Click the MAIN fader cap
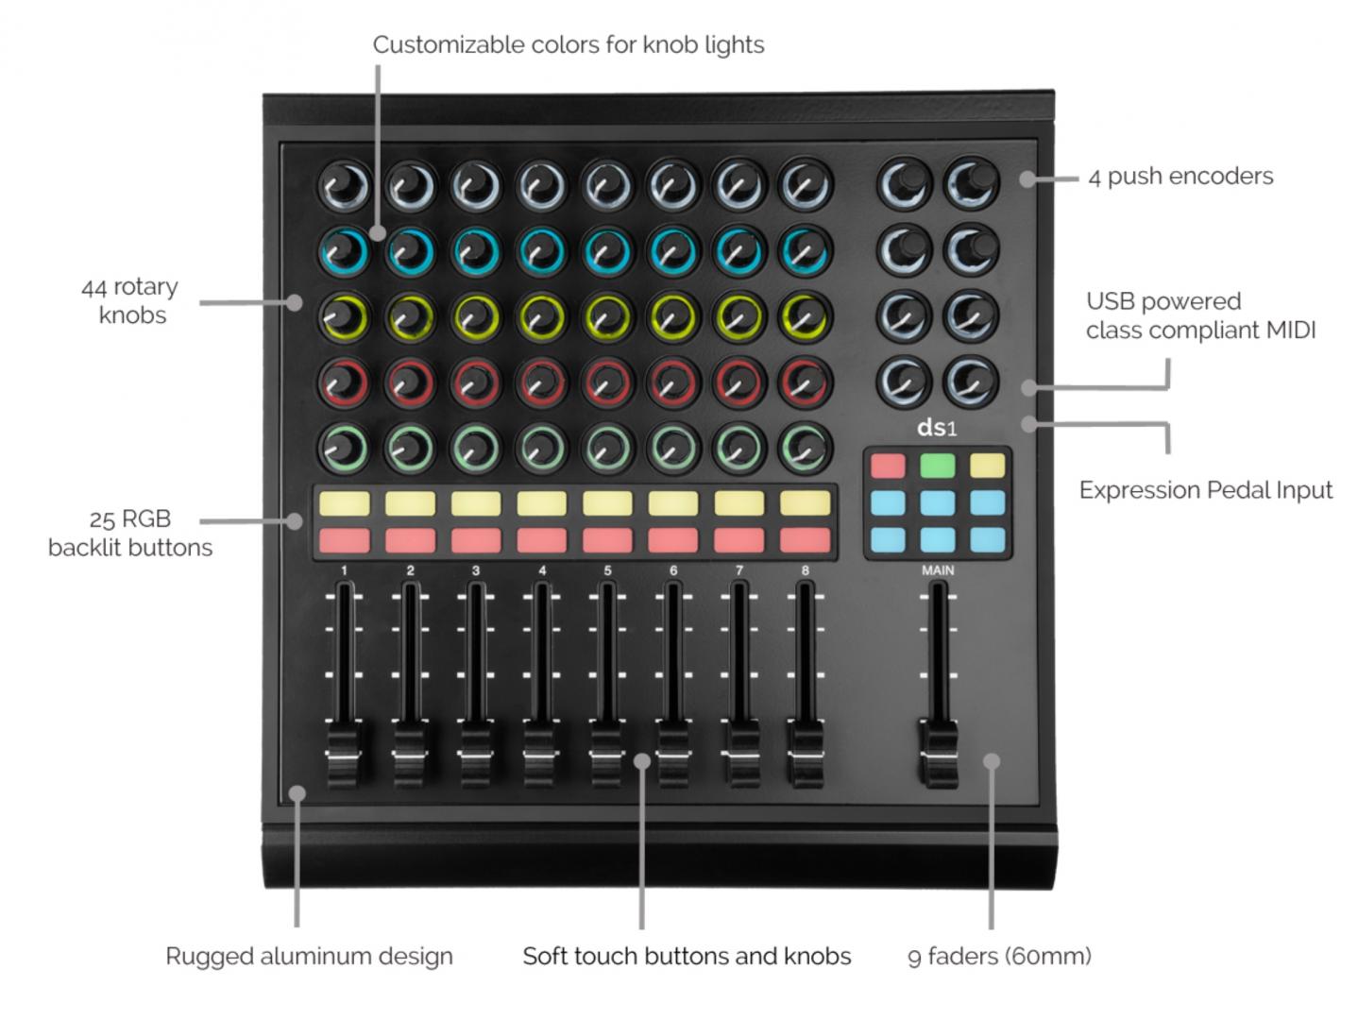click(x=938, y=753)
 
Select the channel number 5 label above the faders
click(x=607, y=570)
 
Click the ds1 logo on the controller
click(x=937, y=428)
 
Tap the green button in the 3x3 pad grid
click(x=938, y=466)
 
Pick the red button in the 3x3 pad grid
click(x=888, y=466)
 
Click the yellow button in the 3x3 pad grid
click(x=987, y=466)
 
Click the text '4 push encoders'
click(x=1180, y=177)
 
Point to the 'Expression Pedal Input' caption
click(x=1205, y=490)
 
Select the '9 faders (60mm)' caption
click(x=999, y=957)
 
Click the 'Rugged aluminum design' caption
click(x=310, y=957)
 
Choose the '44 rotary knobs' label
click(x=130, y=300)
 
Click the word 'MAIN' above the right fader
click(x=938, y=570)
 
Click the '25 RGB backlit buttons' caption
click(x=130, y=534)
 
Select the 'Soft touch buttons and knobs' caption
click(x=687, y=957)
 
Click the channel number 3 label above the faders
click(x=476, y=570)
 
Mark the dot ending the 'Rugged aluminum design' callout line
click(x=297, y=793)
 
